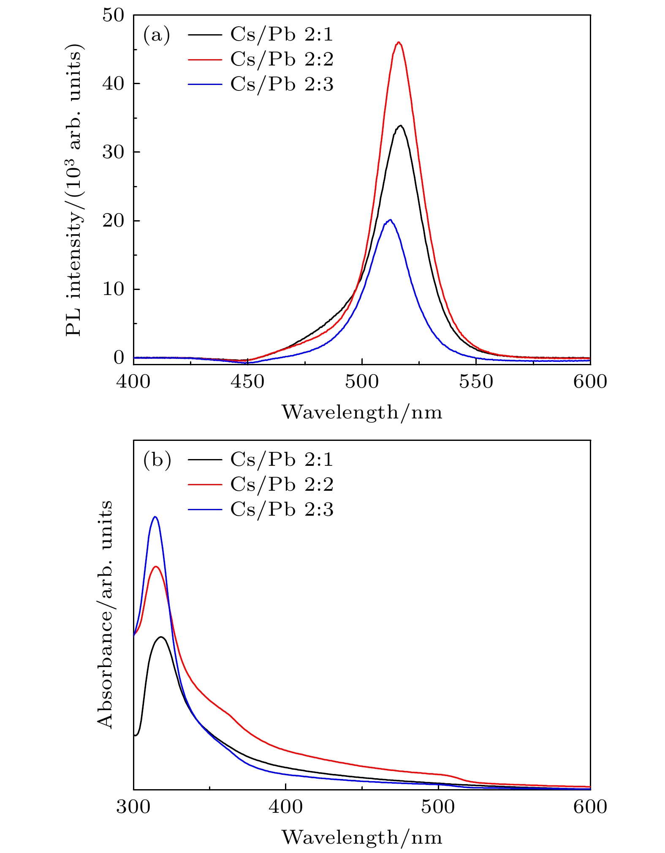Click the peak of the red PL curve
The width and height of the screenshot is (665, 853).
398,42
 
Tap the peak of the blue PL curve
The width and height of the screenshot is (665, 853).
390,220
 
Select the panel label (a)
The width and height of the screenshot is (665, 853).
157,35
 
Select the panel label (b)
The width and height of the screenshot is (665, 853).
157,460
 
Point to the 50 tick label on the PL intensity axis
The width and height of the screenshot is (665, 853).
114,15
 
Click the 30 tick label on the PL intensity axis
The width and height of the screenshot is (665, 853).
114,152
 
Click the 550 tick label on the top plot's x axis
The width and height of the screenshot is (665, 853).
476,382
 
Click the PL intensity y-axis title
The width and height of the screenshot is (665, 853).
74,192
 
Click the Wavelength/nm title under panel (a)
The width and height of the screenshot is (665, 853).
362,412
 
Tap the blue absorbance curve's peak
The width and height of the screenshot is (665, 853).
155,517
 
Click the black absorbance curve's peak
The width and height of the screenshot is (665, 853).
161,637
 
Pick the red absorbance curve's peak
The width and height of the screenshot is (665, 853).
156,566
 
